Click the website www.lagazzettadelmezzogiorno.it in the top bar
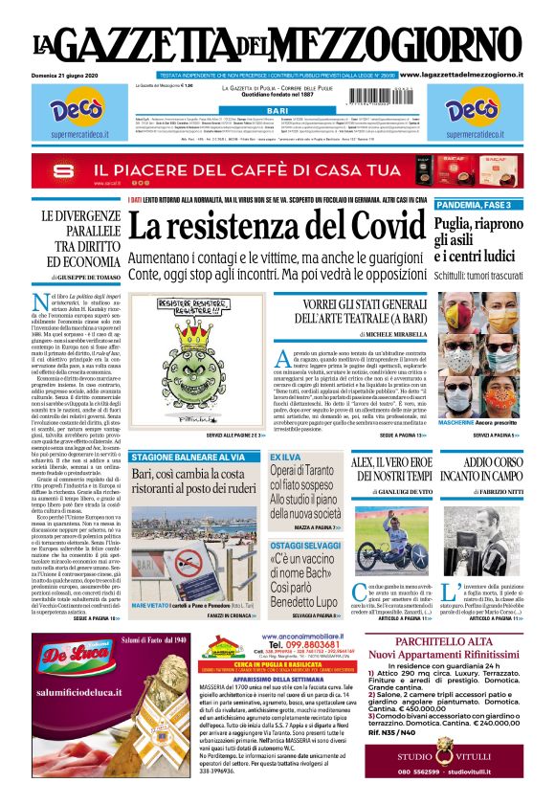473,74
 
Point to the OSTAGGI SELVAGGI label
302,545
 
